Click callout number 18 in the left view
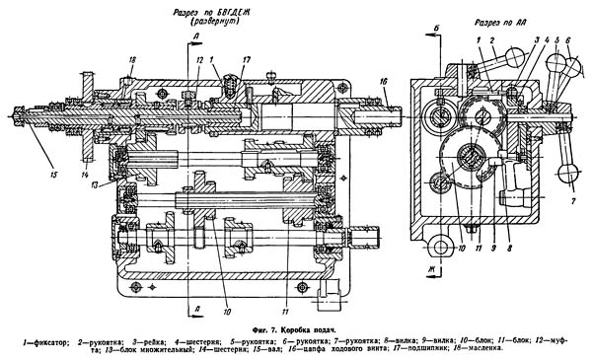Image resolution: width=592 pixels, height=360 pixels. [130, 60]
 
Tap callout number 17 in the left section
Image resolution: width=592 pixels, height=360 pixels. [247, 59]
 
